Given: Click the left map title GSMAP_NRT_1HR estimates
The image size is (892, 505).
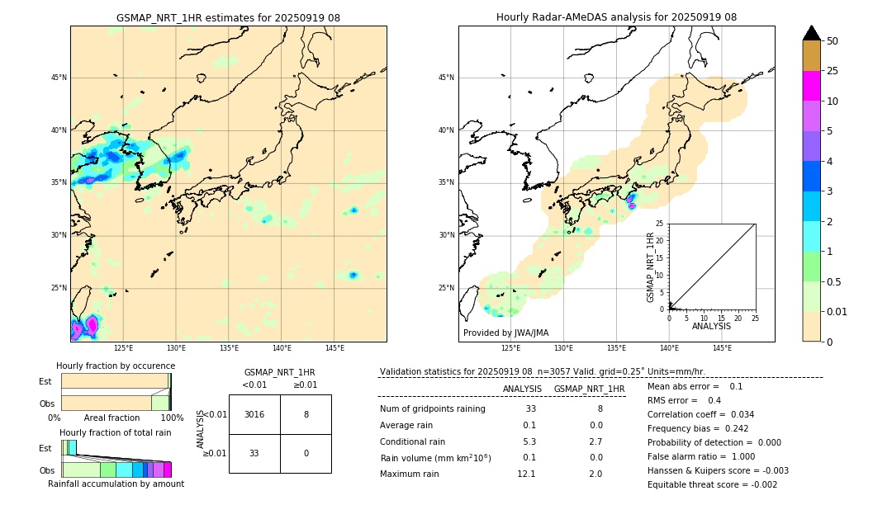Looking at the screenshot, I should pyautogui.click(x=228, y=17).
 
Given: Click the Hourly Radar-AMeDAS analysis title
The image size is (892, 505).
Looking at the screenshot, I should pyautogui.click(x=616, y=17).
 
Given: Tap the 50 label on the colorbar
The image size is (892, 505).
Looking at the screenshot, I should pyautogui.click(x=833, y=41).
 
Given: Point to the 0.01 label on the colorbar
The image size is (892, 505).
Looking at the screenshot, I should pyautogui.click(x=837, y=311).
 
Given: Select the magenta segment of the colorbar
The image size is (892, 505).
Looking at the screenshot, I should pyautogui.click(x=811, y=86).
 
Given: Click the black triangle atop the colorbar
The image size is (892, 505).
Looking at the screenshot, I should pyautogui.click(x=811, y=33).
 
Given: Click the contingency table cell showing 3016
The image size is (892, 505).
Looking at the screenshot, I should pyautogui.click(x=254, y=414).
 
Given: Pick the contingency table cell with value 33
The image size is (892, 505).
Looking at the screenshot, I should pyautogui.click(x=254, y=453).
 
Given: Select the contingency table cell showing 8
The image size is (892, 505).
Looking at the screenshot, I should pyautogui.click(x=306, y=414).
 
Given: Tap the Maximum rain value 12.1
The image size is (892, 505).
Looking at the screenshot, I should pyautogui.click(x=526, y=474).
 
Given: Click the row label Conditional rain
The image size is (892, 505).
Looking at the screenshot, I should pyautogui.click(x=412, y=441).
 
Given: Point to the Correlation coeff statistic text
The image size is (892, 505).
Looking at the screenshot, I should pyautogui.click(x=700, y=414).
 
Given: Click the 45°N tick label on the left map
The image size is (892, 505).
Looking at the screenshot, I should pyautogui.click(x=59, y=78).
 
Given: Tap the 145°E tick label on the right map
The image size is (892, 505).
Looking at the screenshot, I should pyautogui.click(x=722, y=348).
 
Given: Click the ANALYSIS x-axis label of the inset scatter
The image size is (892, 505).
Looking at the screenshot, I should pyautogui.click(x=711, y=326).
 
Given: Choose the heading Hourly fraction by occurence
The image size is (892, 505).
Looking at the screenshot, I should pyautogui.click(x=116, y=366).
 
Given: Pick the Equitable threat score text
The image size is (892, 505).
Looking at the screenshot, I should pyautogui.click(x=712, y=484).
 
